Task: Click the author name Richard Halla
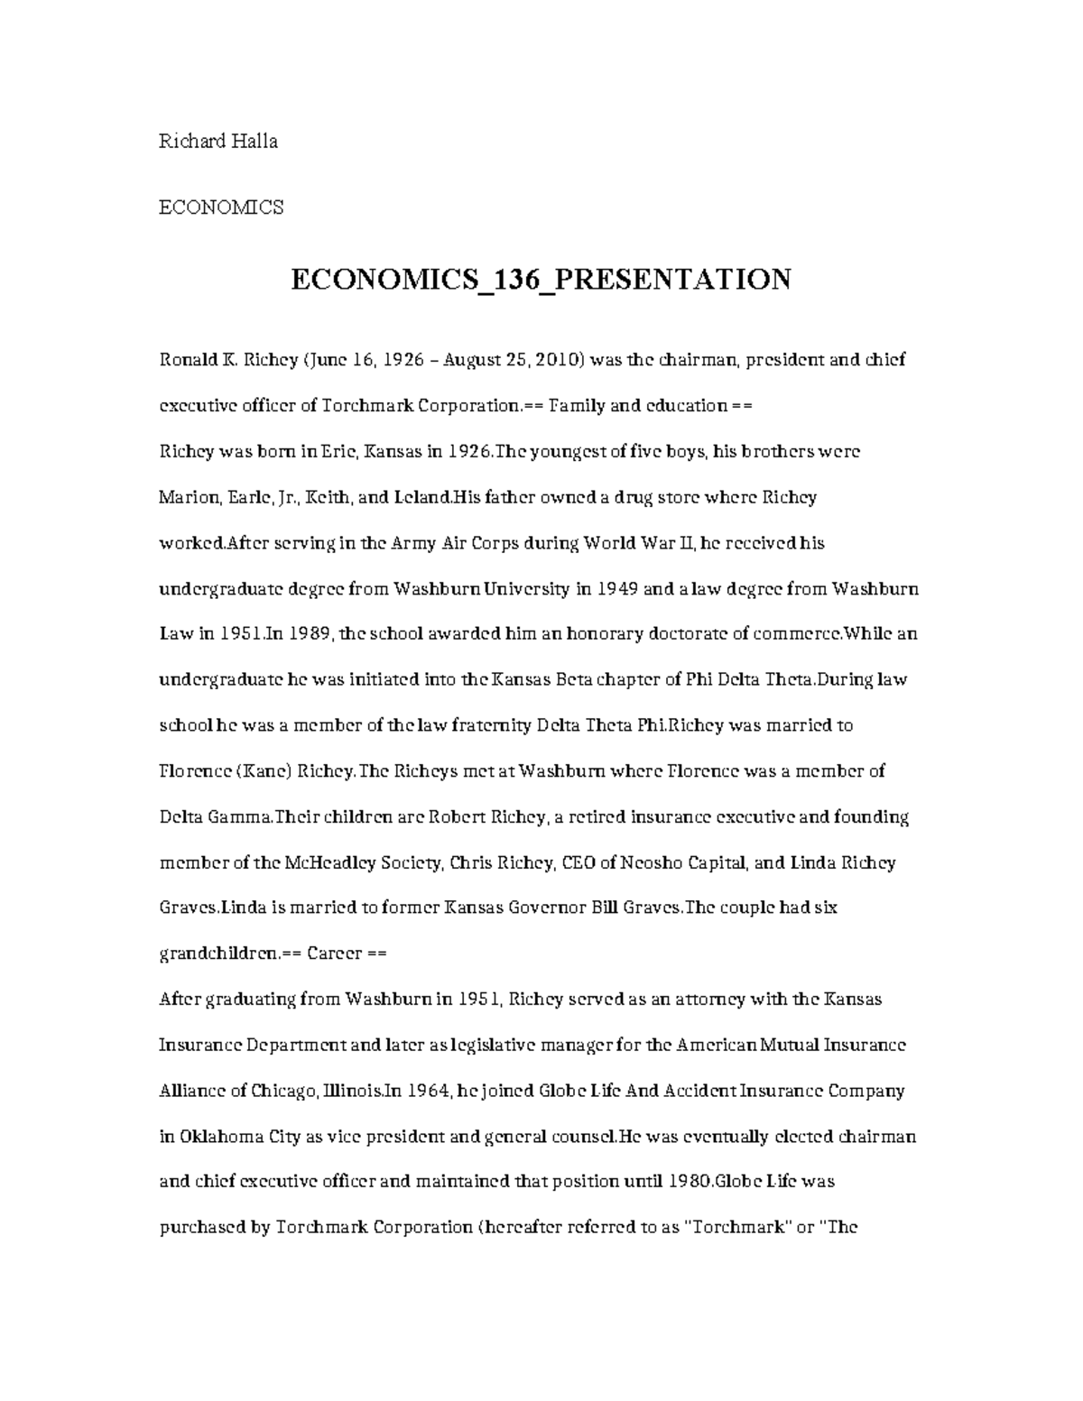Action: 218,141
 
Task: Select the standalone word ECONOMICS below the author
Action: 221,207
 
